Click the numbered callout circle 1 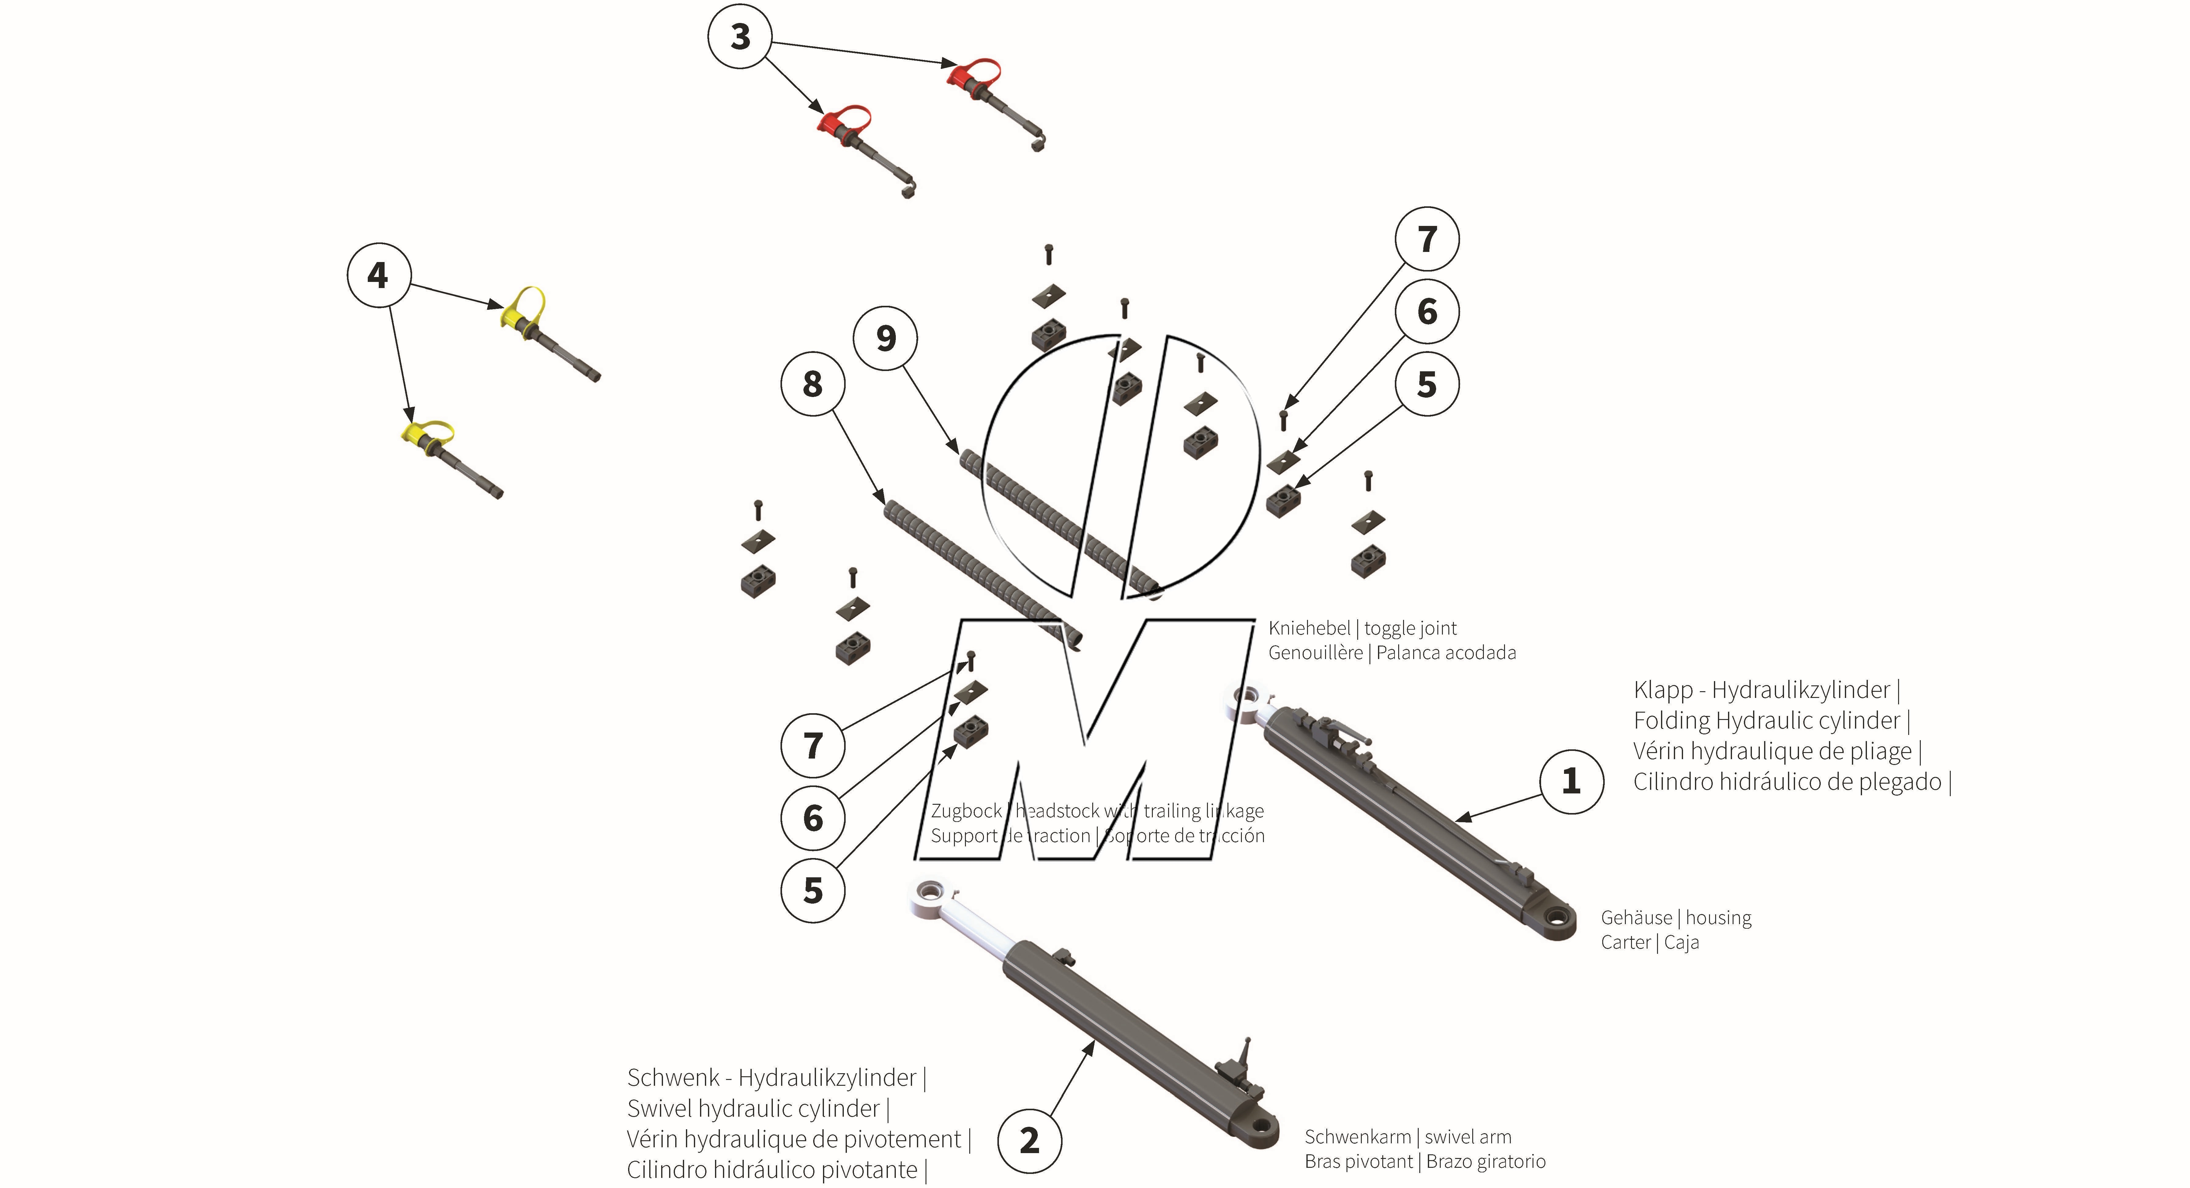click(x=1571, y=781)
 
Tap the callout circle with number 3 click(x=740, y=36)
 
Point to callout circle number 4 click(x=378, y=275)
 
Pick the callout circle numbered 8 click(x=813, y=384)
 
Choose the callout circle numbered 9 click(x=886, y=339)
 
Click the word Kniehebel click(x=1308, y=628)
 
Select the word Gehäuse click(x=1636, y=918)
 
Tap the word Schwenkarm click(x=1357, y=1137)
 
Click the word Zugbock click(x=966, y=811)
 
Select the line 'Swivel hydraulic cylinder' click(x=753, y=1109)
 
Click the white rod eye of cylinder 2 click(x=929, y=895)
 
